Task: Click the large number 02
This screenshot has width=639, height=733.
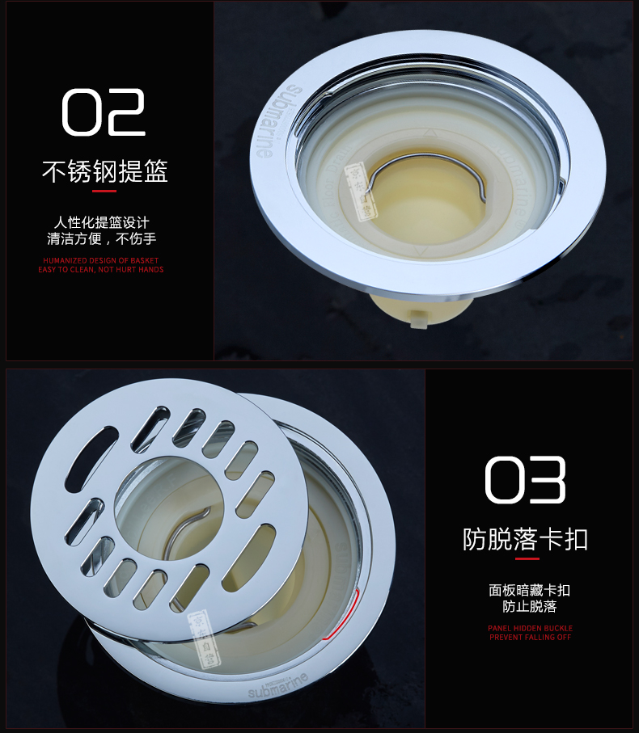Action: pyautogui.click(x=104, y=112)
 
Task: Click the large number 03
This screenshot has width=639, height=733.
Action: pyautogui.click(x=525, y=480)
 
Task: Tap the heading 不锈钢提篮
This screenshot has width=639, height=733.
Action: pyautogui.click(x=104, y=172)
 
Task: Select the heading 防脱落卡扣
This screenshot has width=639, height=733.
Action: pyautogui.click(x=525, y=539)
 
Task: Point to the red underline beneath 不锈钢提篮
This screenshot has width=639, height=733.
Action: pyautogui.click(x=104, y=192)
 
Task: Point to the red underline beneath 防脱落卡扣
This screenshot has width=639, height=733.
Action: pyautogui.click(x=527, y=558)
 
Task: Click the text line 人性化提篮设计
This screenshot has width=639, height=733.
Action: pyautogui.click(x=102, y=222)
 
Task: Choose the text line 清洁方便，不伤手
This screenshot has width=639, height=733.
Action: pyautogui.click(x=102, y=238)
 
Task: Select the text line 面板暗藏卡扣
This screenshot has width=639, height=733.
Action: pyautogui.click(x=529, y=590)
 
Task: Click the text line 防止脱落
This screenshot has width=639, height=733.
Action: pyautogui.click(x=529, y=606)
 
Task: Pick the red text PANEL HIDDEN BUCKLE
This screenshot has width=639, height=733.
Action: pyautogui.click(x=530, y=628)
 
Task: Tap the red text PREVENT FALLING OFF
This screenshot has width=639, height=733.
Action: pyautogui.click(x=530, y=638)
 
